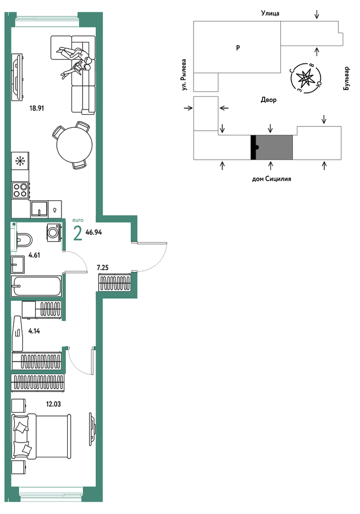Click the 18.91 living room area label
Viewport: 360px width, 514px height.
pyautogui.click(x=37, y=108)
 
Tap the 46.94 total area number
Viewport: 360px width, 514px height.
pyautogui.click(x=93, y=232)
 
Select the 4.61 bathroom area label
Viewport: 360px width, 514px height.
pyautogui.click(x=34, y=255)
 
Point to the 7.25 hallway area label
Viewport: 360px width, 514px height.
pyautogui.click(x=103, y=268)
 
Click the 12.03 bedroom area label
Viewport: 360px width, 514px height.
pyautogui.click(x=53, y=404)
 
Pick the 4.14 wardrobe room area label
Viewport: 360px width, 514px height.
pyautogui.click(x=34, y=331)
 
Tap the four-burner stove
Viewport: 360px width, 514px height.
pyautogui.click(x=20, y=190)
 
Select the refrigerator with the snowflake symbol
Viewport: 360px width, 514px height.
pyautogui.click(x=20, y=161)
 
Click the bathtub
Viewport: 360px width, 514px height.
pyautogui.click(x=36, y=286)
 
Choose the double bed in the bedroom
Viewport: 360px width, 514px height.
pyautogui.click(x=41, y=436)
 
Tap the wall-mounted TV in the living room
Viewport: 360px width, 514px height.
pyautogui.click(x=17, y=77)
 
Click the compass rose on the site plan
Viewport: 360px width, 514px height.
pyautogui.click(x=306, y=78)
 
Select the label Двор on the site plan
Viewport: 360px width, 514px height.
pyautogui.click(x=268, y=100)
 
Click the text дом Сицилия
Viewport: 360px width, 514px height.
pyautogui.click(x=271, y=179)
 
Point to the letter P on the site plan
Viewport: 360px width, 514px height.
pyautogui.click(x=238, y=48)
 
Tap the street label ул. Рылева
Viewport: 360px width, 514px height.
pyautogui.click(x=184, y=75)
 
